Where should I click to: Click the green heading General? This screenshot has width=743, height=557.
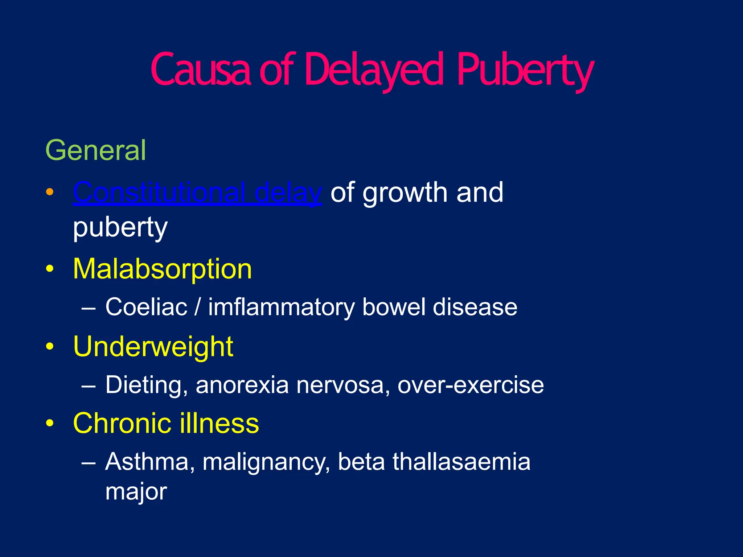tap(96, 150)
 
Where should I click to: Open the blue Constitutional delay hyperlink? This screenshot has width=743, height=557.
tap(197, 193)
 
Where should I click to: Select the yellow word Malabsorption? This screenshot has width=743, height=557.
tap(163, 269)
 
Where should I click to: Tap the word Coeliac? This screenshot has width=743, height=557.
tap(146, 307)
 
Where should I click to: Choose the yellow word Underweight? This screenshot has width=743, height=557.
tap(153, 347)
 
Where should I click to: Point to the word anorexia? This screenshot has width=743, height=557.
tap(242, 385)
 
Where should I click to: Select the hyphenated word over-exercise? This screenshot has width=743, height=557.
tap(471, 385)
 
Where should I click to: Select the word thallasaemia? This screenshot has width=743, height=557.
tap(461, 462)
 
